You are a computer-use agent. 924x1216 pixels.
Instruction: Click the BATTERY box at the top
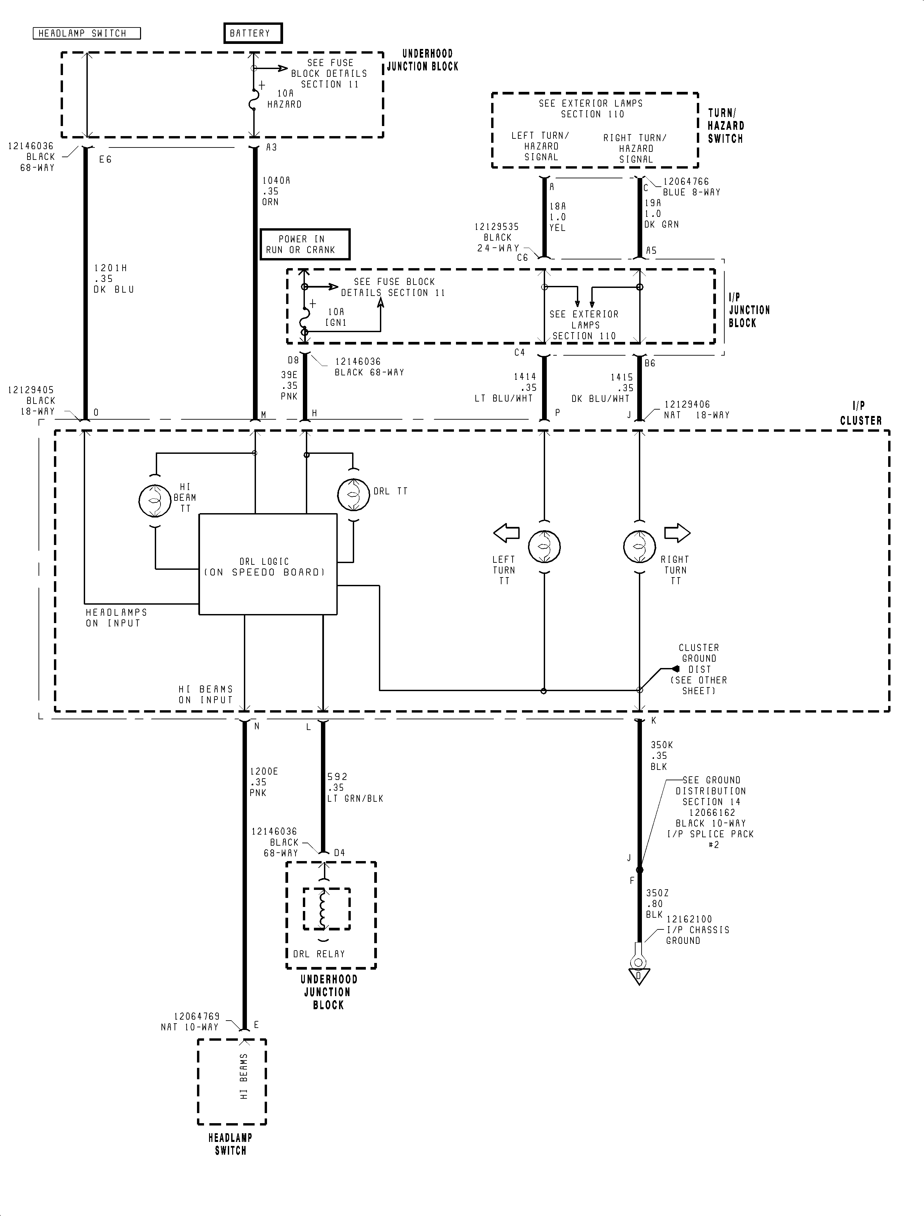253,33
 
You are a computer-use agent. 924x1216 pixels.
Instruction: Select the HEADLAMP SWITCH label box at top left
86,34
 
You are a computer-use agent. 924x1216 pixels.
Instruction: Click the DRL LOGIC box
268,564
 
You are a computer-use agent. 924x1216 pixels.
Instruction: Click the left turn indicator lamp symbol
544,546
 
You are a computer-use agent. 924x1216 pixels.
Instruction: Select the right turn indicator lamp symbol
639,546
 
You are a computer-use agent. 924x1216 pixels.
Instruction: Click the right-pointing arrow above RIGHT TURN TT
677,533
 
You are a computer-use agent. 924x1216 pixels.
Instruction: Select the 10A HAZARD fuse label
284,99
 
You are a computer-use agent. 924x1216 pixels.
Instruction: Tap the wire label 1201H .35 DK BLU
113,279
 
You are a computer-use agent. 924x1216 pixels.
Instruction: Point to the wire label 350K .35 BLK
661,755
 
